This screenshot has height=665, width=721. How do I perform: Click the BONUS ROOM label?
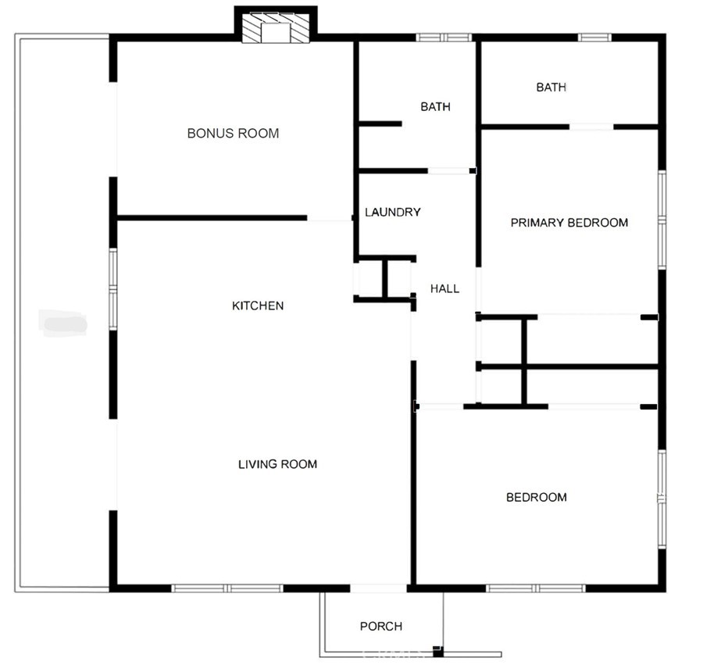(x=233, y=134)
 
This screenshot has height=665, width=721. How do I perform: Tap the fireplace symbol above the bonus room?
(x=276, y=30)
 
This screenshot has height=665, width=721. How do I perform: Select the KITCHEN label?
(x=258, y=306)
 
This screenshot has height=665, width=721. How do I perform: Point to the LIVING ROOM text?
(x=277, y=464)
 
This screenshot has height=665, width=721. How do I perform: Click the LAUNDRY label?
(x=393, y=212)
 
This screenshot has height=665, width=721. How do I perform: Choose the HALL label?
(x=444, y=289)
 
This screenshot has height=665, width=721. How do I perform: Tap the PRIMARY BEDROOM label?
(x=569, y=223)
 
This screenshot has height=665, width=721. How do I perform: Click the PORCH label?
(x=381, y=626)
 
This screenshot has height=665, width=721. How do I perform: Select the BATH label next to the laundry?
(x=435, y=107)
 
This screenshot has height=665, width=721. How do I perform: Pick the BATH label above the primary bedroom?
(x=551, y=88)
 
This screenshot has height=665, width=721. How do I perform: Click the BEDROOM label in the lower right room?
(x=536, y=497)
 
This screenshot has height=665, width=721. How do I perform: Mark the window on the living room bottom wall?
(x=227, y=588)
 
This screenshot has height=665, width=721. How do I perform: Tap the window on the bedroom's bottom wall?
(x=536, y=588)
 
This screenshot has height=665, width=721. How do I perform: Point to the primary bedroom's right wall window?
(x=662, y=220)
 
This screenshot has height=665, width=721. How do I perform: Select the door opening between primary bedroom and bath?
(x=591, y=127)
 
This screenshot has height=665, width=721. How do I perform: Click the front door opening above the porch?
(x=379, y=588)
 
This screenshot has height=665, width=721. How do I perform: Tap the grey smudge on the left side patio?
(x=63, y=322)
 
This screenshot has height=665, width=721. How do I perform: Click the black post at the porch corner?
(x=438, y=650)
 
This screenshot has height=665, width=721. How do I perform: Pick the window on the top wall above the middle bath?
(x=443, y=37)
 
